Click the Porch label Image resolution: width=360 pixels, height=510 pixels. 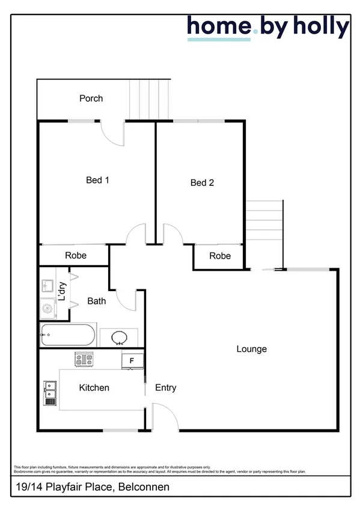point(91,98)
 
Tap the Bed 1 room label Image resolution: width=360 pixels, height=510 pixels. point(97,180)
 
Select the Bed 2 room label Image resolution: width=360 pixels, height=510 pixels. point(202,183)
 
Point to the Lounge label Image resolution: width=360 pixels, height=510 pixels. point(251,349)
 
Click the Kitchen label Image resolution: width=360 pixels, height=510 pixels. point(94,388)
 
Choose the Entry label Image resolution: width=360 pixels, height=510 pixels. point(165,388)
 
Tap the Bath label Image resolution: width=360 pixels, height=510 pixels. point(97,301)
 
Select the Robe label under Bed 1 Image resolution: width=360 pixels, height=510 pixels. point(76,256)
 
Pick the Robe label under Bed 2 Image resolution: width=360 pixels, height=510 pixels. point(220,256)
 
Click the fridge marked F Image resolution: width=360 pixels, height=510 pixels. point(132,360)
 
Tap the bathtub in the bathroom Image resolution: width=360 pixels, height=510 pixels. point(67,334)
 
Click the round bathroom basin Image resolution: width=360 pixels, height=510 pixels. point(119,337)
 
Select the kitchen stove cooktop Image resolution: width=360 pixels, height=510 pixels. point(84,360)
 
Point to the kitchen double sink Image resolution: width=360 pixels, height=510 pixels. point(49,393)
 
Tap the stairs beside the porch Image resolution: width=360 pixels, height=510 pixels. point(150,99)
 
